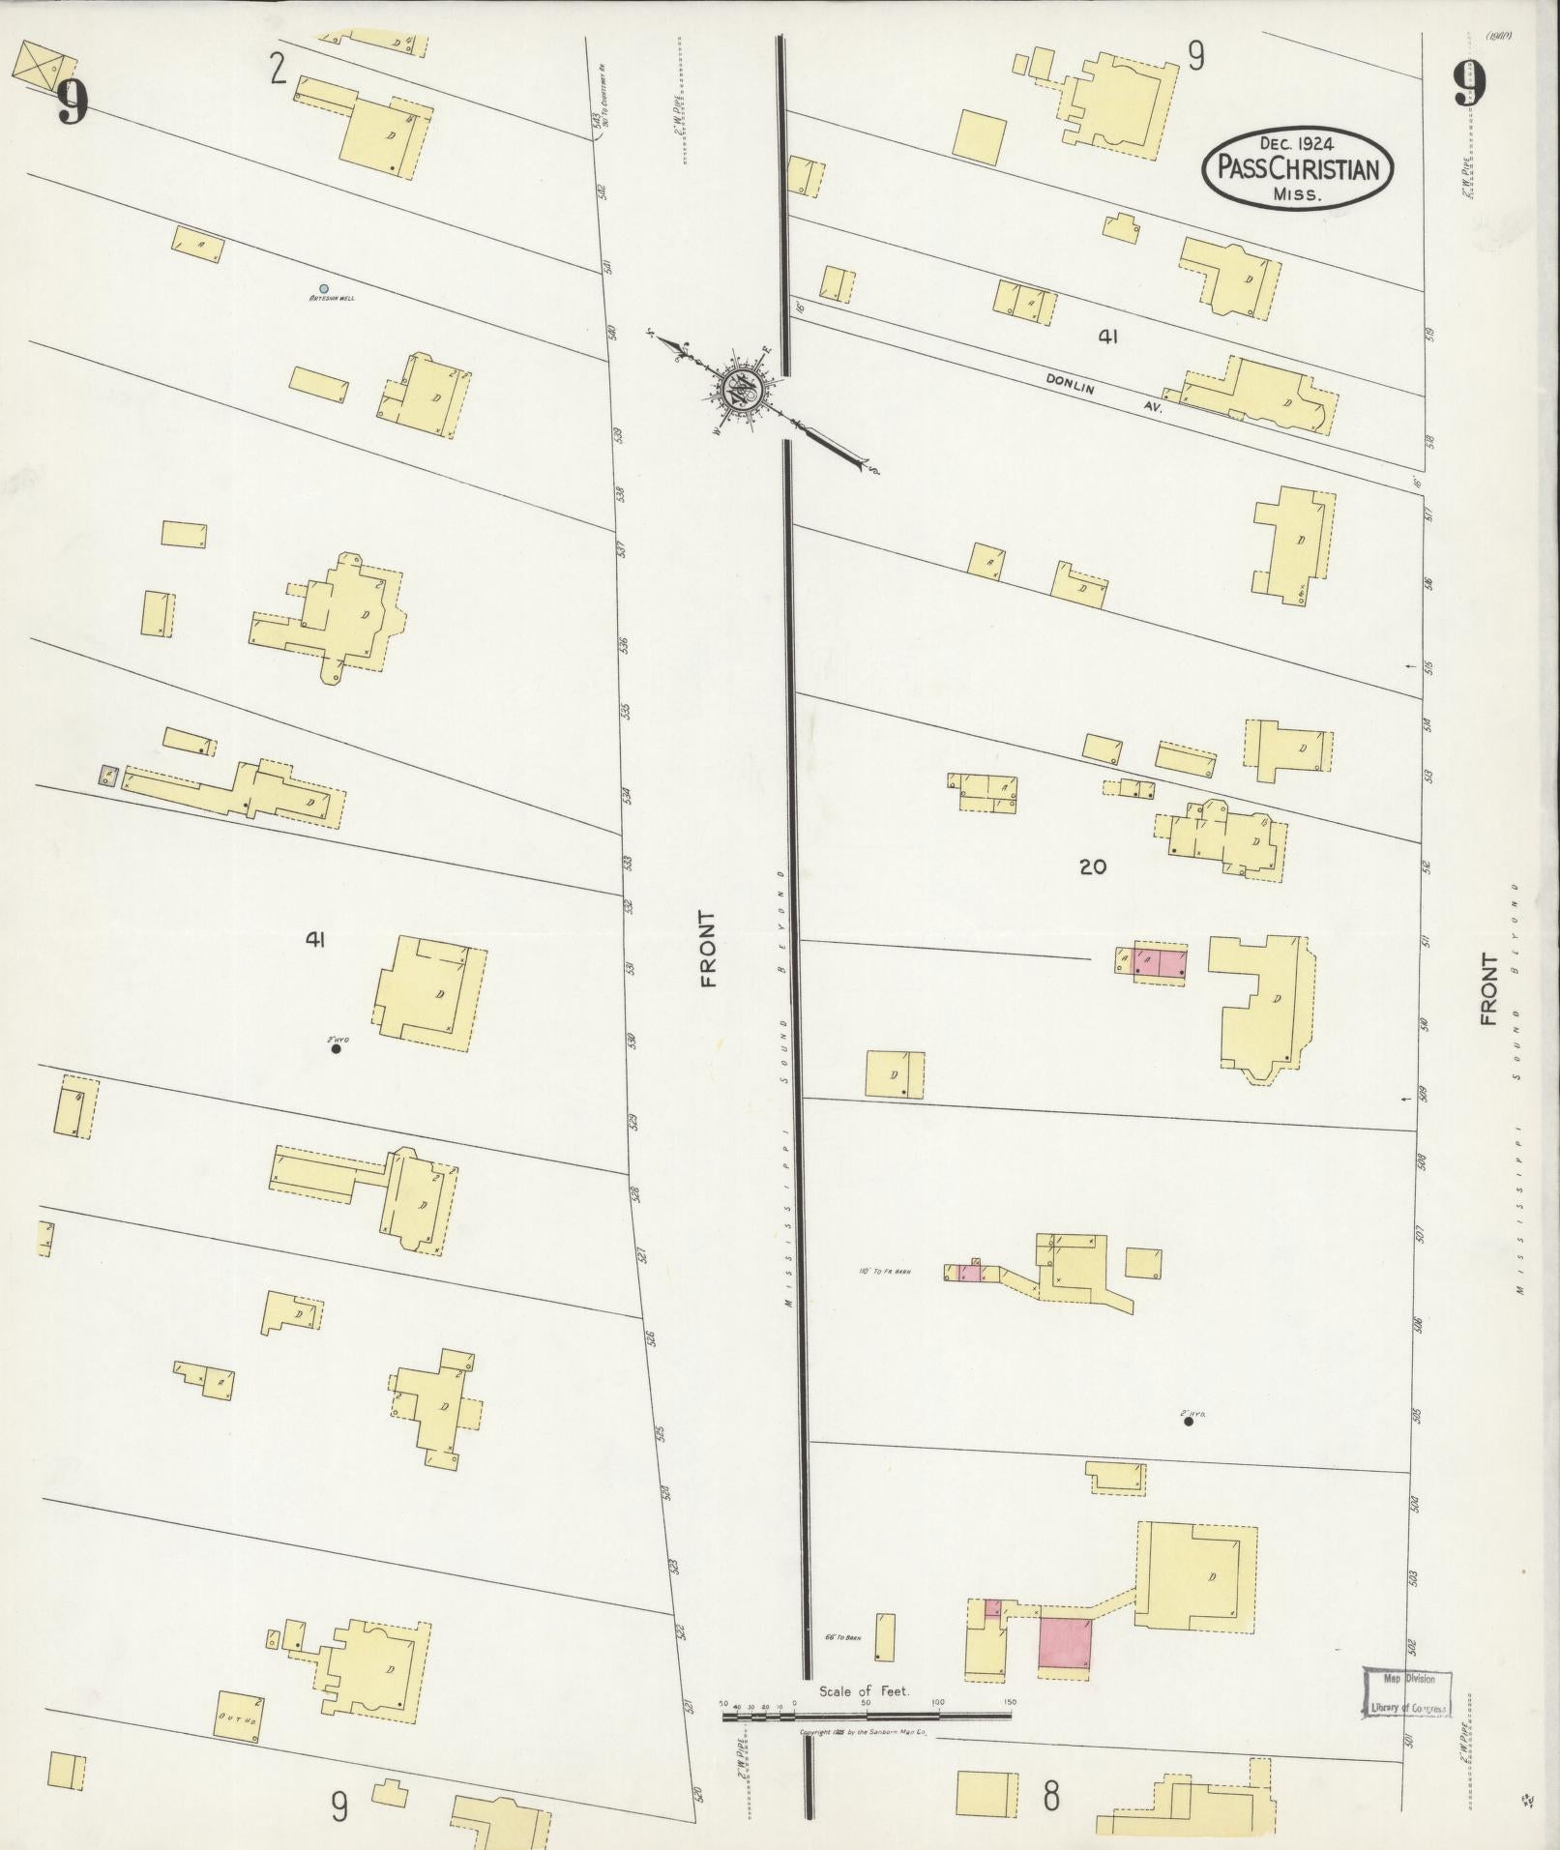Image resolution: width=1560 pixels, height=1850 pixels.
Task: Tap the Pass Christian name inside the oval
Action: click(1297, 170)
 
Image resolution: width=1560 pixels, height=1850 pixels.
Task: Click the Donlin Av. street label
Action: click(1104, 396)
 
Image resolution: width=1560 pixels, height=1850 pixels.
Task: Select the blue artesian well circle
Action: click(323, 288)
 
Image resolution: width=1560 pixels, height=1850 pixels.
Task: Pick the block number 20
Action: click(1092, 867)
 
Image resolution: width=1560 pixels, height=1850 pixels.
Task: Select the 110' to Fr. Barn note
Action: click(885, 1271)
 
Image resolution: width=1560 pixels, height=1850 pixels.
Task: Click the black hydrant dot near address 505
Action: click(1189, 1421)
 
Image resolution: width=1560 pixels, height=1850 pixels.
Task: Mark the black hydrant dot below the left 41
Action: click(336, 1048)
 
